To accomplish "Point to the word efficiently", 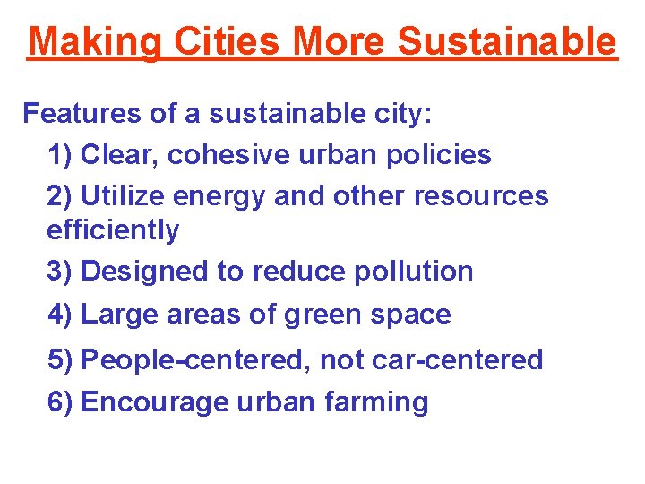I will pos(113,230).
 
